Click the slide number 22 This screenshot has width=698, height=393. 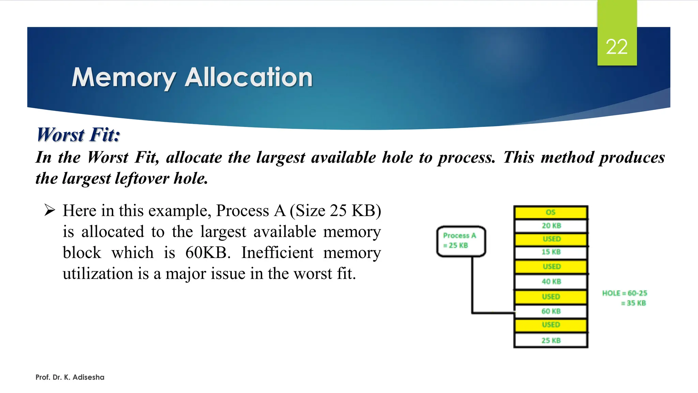point(617,47)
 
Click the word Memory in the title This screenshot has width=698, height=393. point(124,78)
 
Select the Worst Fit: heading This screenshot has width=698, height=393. point(78,134)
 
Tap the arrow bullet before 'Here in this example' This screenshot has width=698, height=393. point(50,210)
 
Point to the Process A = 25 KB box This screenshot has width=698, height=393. point(461,241)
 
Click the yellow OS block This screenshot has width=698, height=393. point(551,212)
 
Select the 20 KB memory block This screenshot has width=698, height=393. point(551,225)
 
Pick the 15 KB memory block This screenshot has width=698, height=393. point(551,252)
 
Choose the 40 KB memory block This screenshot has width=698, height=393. point(551,281)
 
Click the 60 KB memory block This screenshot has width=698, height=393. point(551,311)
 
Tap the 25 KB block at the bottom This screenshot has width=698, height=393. point(551,340)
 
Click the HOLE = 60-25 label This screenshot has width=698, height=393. point(624,293)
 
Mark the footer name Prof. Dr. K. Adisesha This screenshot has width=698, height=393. point(70,377)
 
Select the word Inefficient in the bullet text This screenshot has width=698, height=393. point(277,253)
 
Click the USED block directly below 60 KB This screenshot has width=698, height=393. point(551,325)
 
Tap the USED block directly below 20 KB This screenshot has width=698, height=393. point(551,239)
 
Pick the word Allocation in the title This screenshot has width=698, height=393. point(248,78)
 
